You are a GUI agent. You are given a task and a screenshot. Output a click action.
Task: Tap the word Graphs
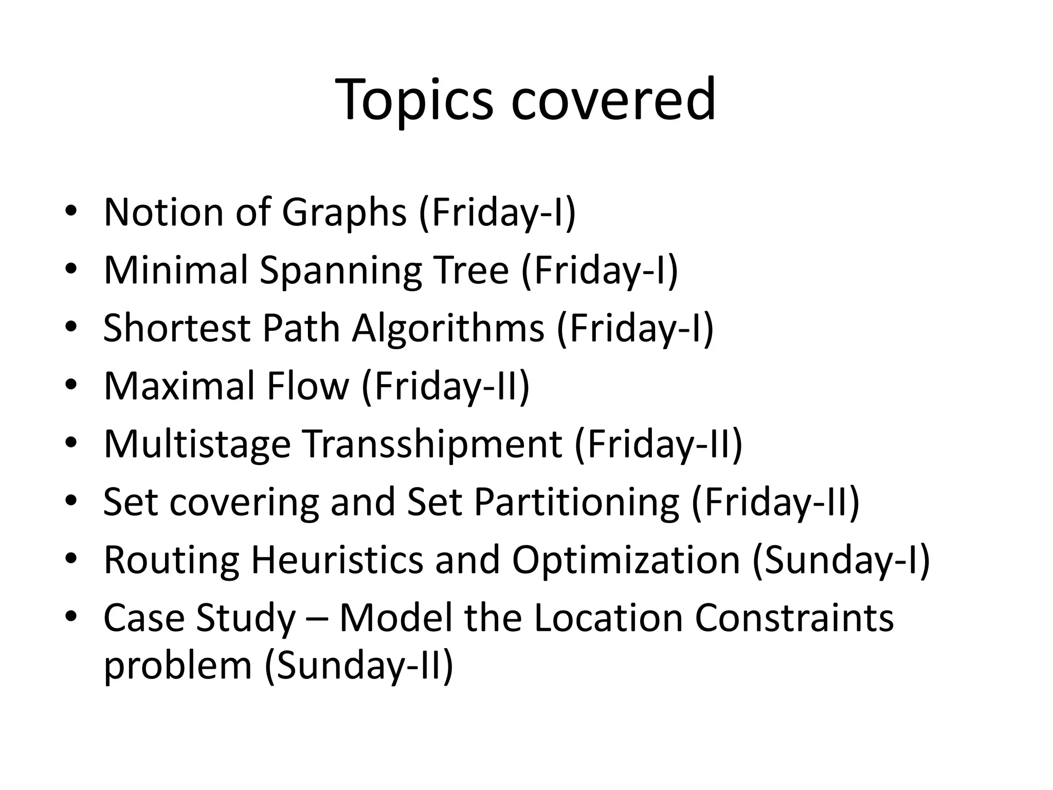(344, 212)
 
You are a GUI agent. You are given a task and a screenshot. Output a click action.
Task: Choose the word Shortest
(176, 328)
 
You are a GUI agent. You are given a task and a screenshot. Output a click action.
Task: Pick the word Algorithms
(448, 328)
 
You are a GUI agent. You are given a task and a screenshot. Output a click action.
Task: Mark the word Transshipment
(434, 444)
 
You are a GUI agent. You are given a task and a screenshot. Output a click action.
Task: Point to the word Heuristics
(337, 560)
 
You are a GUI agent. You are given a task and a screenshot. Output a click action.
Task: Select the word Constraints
(794, 618)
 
